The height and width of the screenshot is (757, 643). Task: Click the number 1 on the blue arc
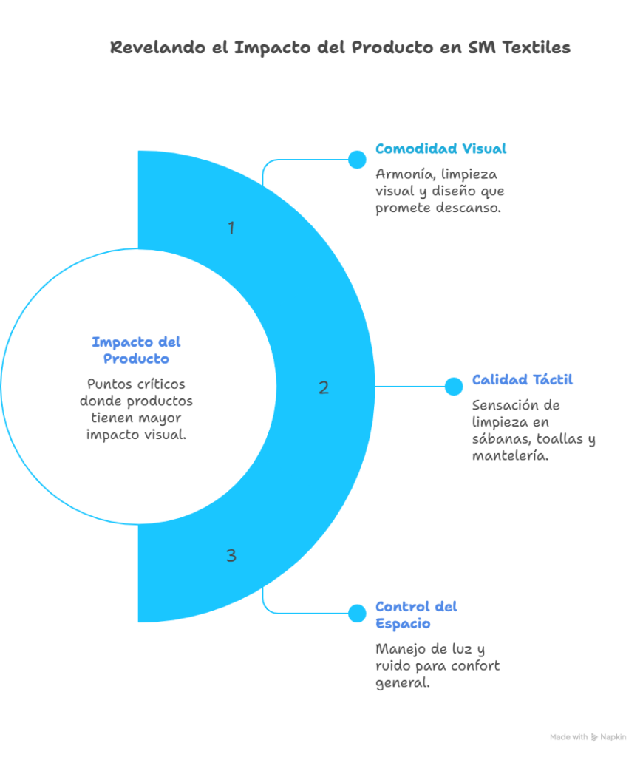pos(231,228)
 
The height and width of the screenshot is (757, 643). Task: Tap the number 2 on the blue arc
pos(324,387)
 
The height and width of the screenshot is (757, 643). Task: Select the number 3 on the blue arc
pos(231,555)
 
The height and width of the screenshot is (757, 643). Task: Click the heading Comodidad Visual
pos(440,149)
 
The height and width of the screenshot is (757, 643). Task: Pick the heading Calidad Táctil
pos(522,380)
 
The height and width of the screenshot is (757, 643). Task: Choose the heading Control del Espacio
pos(415,614)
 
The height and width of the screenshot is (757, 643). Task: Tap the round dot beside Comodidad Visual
pos(357,160)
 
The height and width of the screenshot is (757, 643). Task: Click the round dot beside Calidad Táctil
pos(454,386)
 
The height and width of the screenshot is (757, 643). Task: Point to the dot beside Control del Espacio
pos(357,613)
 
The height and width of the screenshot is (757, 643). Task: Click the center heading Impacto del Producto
pos(136,350)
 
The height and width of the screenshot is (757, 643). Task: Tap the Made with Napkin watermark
pos(588,737)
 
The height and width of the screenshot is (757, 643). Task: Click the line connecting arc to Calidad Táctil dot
pos(409,386)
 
